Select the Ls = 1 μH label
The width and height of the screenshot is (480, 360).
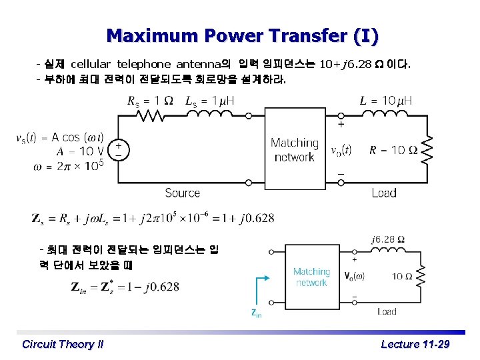[x=210, y=101]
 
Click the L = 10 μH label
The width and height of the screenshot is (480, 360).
[x=386, y=101]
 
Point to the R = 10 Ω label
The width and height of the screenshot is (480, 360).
[x=394, y=150]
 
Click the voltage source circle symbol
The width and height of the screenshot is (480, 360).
[x=119, y=149]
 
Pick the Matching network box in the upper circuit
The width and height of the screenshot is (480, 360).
[x=294, y=150]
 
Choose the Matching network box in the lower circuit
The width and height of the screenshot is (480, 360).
[x=311, y=277]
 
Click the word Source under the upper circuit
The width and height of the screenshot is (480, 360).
[x=182, y=193]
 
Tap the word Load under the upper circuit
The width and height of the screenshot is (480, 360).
[x=385, y=193]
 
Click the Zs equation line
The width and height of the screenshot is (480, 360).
[x=153, y=218]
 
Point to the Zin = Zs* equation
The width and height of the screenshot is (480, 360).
[x=124, y=287]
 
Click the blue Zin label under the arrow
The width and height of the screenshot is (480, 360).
[x=256, y=313]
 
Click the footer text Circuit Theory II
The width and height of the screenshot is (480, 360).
[x=63, y=344]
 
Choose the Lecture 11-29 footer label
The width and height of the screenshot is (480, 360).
[x=415, y=344]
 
